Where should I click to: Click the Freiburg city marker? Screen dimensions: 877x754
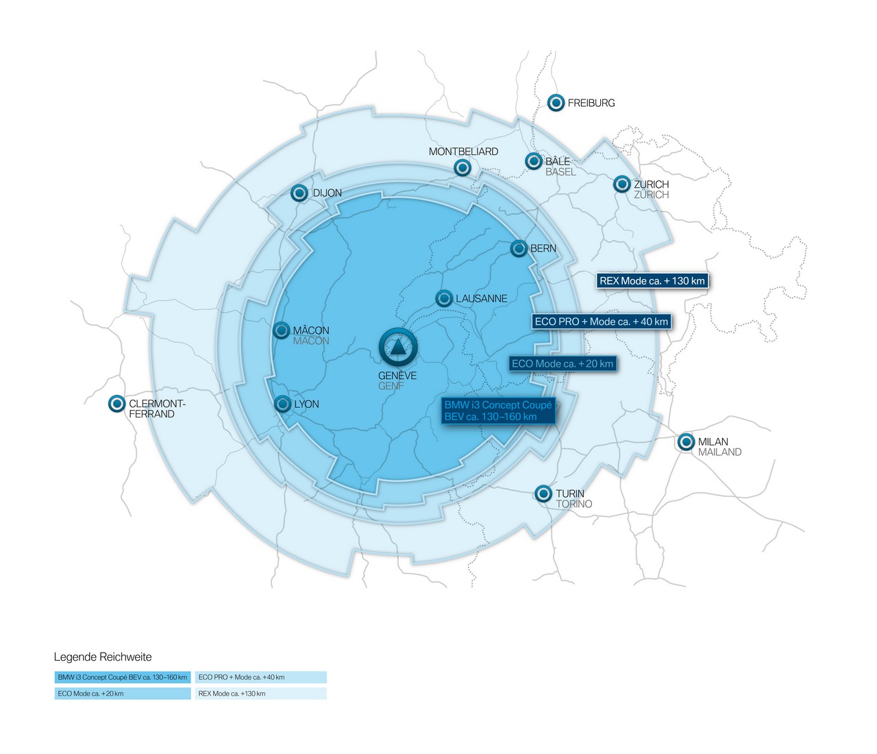pyautogui.click(x=556, y=103)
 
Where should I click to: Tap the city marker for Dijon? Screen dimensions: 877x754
pyautogui.click(x=299, y=193)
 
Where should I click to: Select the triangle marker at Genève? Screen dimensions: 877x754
pyautogui.click(x=398, y=348)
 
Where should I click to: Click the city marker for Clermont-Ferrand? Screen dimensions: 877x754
pyautogui.click(x=116, y=404)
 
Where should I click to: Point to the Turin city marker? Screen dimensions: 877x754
pyautogui.click(x=543, y=494)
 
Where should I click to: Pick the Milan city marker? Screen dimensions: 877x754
pyautogui.click(x=686, y=442)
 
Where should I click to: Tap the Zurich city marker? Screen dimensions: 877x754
pyautogui.click(x=621, y=184)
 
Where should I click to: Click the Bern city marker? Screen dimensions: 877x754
pyautogui.click(x=519, y=248)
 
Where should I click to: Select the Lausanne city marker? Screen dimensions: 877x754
pyautogui.click(x=444, y=298)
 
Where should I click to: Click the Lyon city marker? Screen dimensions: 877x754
pyautogui.click(x=282, y=404)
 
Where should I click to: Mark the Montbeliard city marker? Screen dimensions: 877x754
pyautogui.click(x=462, y=168)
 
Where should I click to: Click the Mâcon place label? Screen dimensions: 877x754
pyautogui.click(x=311, y=330)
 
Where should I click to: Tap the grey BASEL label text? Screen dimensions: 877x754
pyautogui.click(x=560, y=172)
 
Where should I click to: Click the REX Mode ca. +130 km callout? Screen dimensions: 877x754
pyautogui.click(x=652, y=280)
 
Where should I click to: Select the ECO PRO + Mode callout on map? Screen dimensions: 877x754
pyautogui.click(x=601, y=321)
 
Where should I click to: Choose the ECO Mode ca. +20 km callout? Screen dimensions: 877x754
pyautogui.click(x=563, y=364)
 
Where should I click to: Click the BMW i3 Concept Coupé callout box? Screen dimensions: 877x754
pyautogui.click(x=498, y=411)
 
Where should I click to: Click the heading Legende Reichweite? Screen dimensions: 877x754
pyautogui.click(x=103, y=657)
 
